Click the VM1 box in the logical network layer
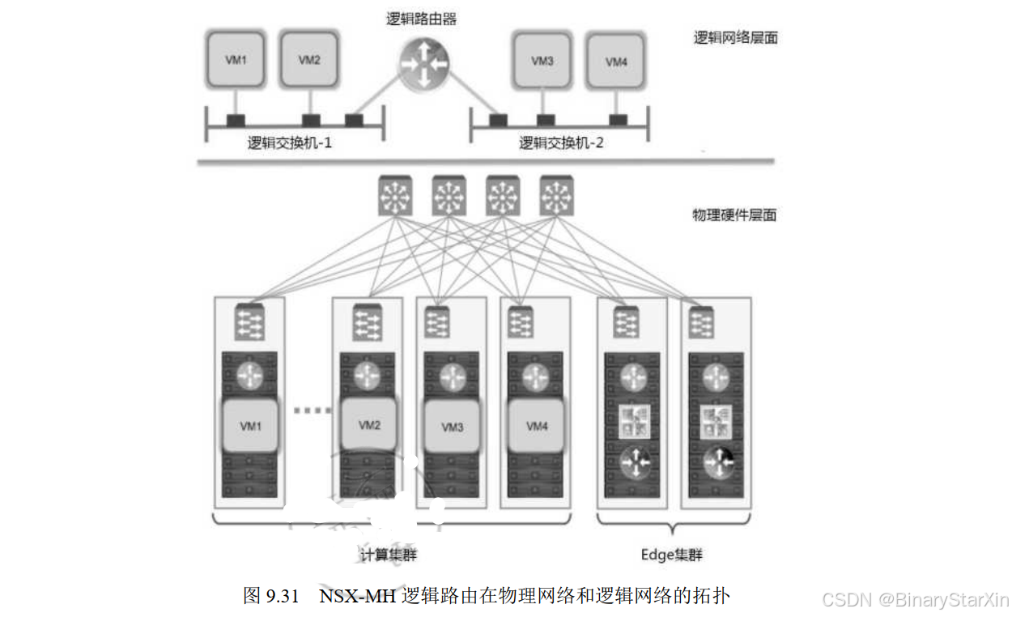(235, 59)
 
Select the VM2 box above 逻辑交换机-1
(309, 59)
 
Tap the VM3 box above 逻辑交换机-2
(542, 60)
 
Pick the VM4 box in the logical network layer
(616, 61)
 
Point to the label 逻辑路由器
(422, 19)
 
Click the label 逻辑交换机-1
(290, 143)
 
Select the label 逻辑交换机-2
(561, 143)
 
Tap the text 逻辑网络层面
(735, 37)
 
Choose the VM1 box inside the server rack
(251, 426)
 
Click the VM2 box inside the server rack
(369, 425)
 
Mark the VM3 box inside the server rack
(453, 427)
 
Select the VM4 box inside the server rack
(537, 426)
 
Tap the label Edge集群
(671, 555)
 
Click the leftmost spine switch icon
(394, 195)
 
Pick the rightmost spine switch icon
(555, 195)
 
